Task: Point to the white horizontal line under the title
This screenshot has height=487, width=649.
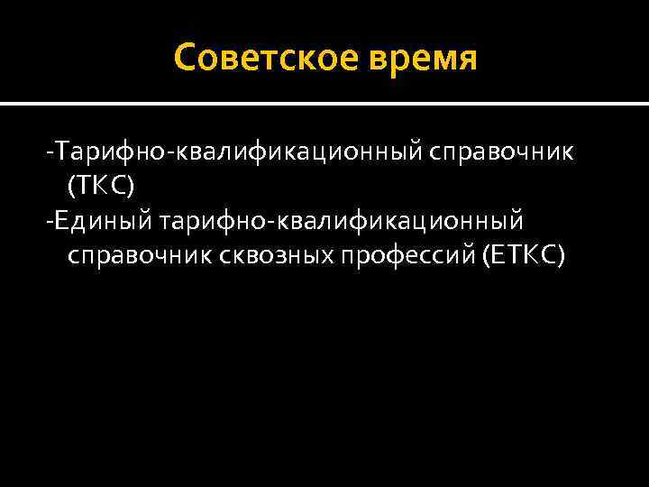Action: click(x=324, y=104)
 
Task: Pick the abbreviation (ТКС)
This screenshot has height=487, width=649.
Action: click(x=100, y=186)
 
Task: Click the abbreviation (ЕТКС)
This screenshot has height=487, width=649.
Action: click(x=524, y=257)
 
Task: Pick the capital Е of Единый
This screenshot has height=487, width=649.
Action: click(x=65, y=221)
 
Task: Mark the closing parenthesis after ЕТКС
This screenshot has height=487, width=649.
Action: click(x=562, y=258)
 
